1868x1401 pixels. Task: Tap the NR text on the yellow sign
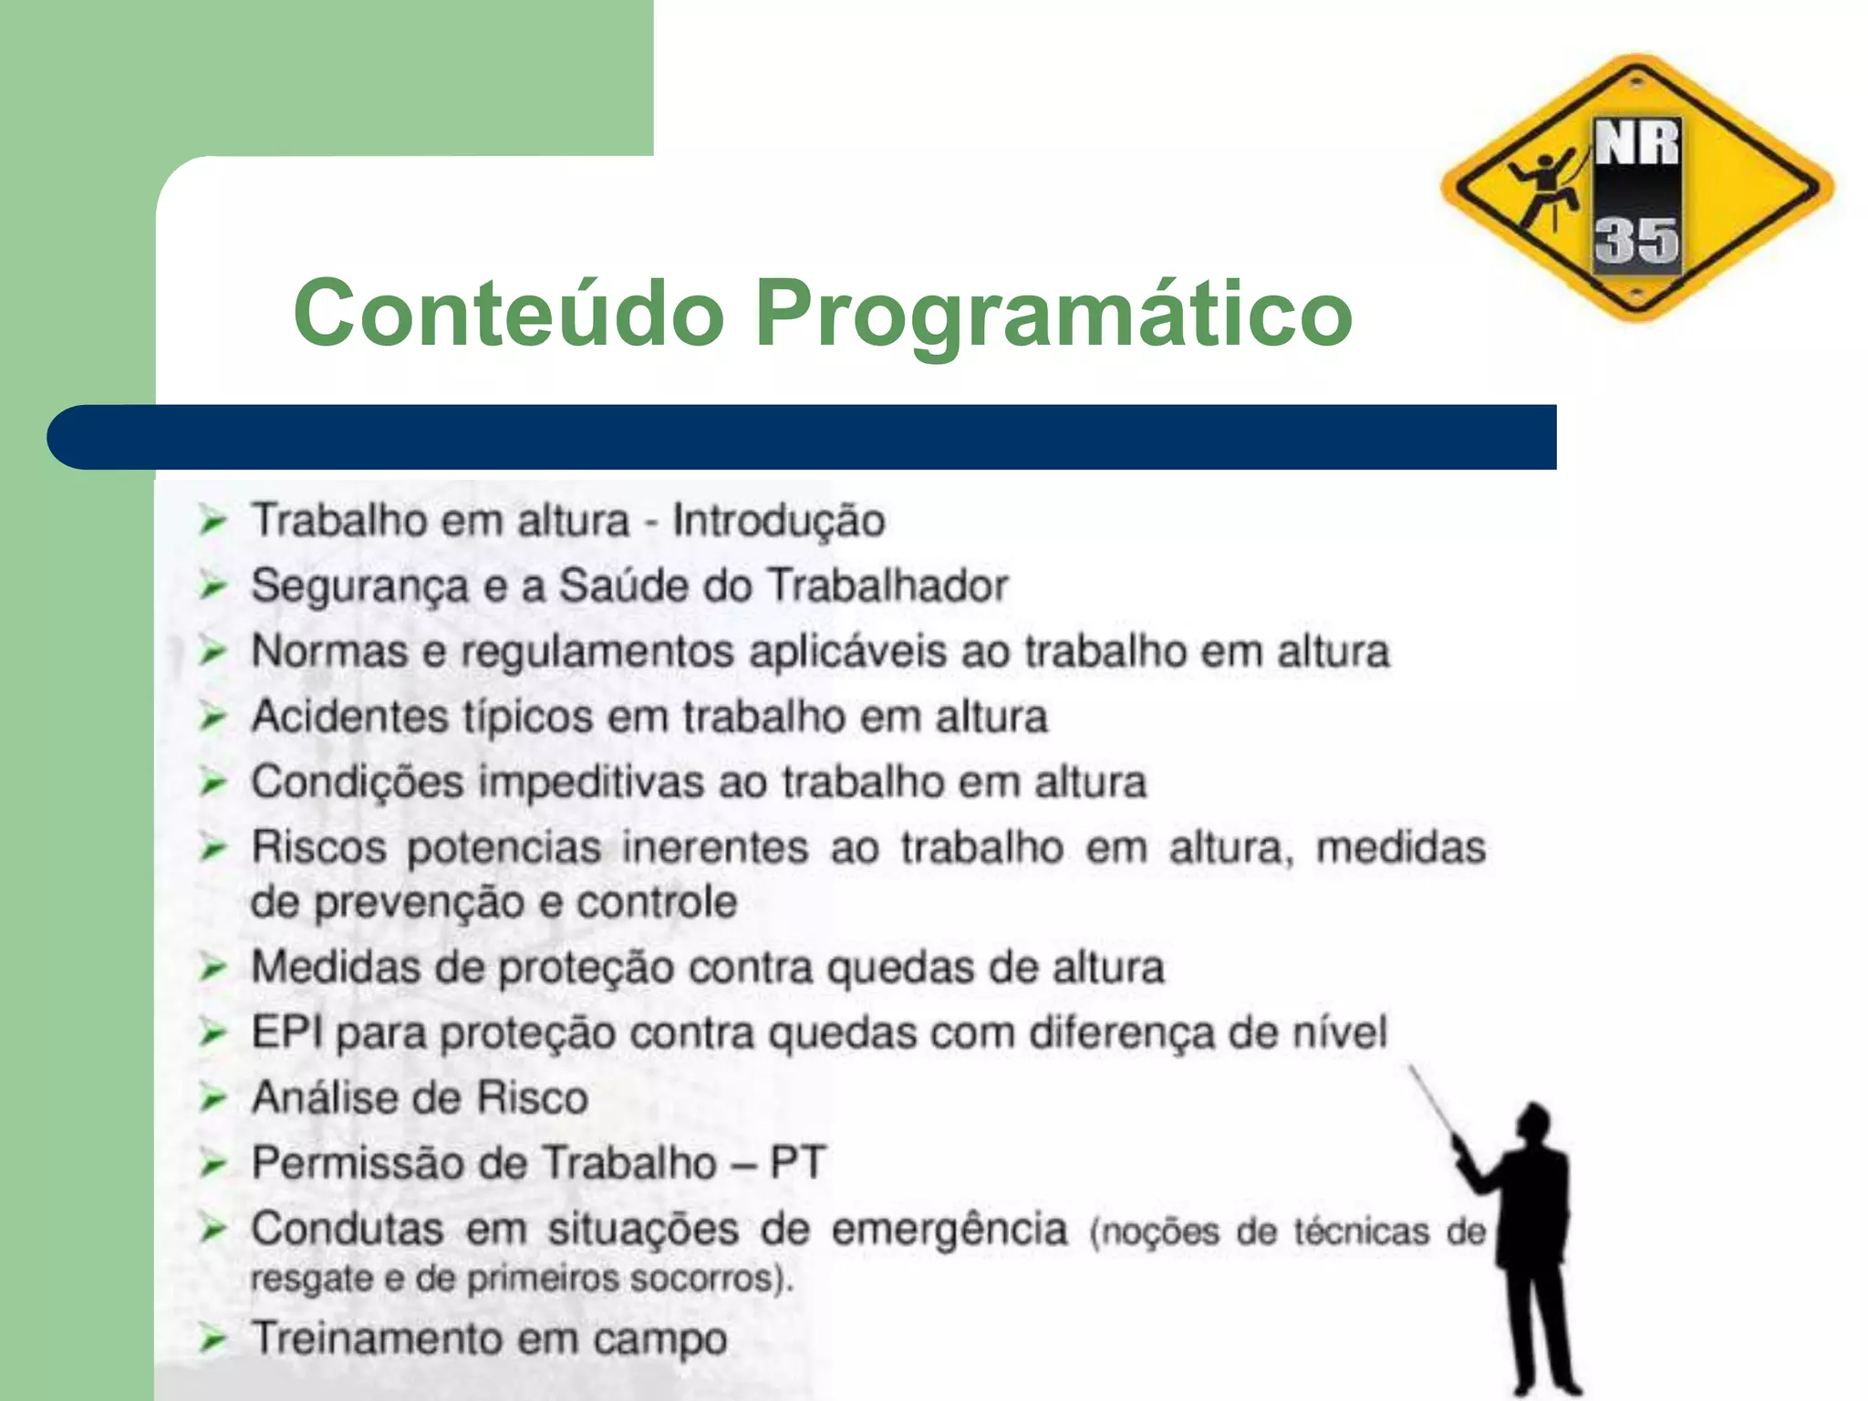pyautogui.click(x=1636, y=144)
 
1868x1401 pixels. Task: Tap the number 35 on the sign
pyautogui.click(x=1636, y=241)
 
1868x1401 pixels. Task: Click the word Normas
pyautogui.click(x=329, y=651)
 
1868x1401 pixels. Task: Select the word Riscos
pyautogui.click(x=319, y=847)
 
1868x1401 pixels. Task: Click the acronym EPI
pyautogui.click(x=287, y=1033)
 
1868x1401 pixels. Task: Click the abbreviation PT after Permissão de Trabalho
pyautogui.click(x=797, y=1163)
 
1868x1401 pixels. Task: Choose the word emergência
pyautogui.click(x=949, y=1230)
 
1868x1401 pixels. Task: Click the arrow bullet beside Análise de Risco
pyautogui.click(x=213, y=1097)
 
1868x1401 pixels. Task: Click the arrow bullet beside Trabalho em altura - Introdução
pyautogui.click(x=213, y=522)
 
